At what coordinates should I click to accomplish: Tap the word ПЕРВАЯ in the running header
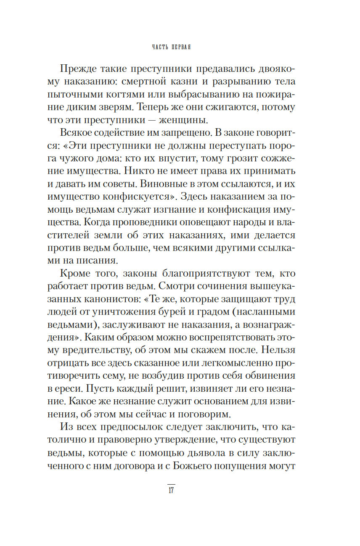[x=181, y=47]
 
